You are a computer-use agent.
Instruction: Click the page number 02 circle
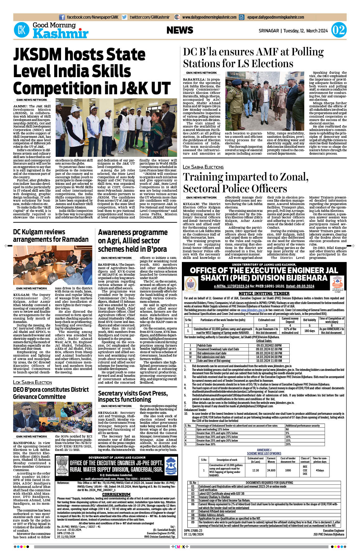(x=339, y=30)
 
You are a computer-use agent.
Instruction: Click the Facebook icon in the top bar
(x=62, y=17)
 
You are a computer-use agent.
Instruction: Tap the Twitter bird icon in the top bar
(x=125, y=17)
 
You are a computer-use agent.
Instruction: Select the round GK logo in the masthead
(x=21, y=30)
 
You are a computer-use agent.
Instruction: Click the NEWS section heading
(x=180, y=30)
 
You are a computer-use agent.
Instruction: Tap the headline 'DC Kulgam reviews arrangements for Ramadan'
(x=51, y=236)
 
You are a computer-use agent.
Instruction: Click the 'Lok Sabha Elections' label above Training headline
(x=203, y=167)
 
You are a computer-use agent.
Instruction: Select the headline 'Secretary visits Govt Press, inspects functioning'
(x=133, y=396)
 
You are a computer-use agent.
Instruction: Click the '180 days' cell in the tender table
(x=310, y=331)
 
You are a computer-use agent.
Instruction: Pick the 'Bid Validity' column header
(x=310, y=320)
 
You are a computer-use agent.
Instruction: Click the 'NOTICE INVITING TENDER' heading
(x=264, y=293)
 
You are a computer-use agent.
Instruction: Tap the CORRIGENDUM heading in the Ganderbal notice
(x=116, y=494)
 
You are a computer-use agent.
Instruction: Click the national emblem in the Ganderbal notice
(x=62, y=466)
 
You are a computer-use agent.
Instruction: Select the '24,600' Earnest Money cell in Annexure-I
(x=271, y=470)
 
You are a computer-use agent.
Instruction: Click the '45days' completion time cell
(x=320, y=470)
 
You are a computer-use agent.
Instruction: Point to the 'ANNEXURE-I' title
(x=264, y=450)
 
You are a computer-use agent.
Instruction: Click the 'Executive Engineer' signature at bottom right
(x=333, y=531)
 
